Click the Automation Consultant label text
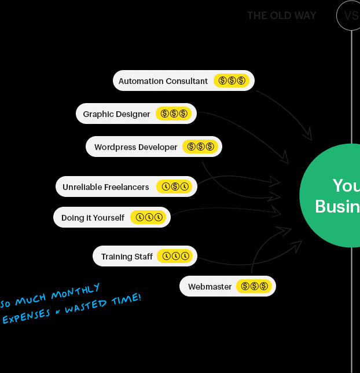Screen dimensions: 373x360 coord(163,81)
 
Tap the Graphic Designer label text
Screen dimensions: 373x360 coord(116,114)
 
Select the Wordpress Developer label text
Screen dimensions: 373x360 coord(135,147)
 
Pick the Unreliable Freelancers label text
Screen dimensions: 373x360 coord(105,187)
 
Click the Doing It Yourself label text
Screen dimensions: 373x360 coord(93,218)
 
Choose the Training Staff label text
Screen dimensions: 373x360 coord(127,257)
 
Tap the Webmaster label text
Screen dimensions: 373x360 coord(210,287)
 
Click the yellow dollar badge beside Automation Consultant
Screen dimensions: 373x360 coord(232,81)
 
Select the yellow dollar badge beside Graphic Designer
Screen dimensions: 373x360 coord(174,114)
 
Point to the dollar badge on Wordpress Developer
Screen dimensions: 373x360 coord(200,147)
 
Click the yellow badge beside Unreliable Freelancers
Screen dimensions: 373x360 coord(175,187)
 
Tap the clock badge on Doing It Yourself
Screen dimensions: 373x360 coord(149,218)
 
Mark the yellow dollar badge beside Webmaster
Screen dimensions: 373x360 coord(254,287)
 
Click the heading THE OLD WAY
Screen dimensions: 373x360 coord(281,16)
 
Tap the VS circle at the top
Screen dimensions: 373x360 coord(350,16)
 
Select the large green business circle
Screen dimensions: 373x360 coord(336,195)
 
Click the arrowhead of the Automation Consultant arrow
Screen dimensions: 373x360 coord(309,137)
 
